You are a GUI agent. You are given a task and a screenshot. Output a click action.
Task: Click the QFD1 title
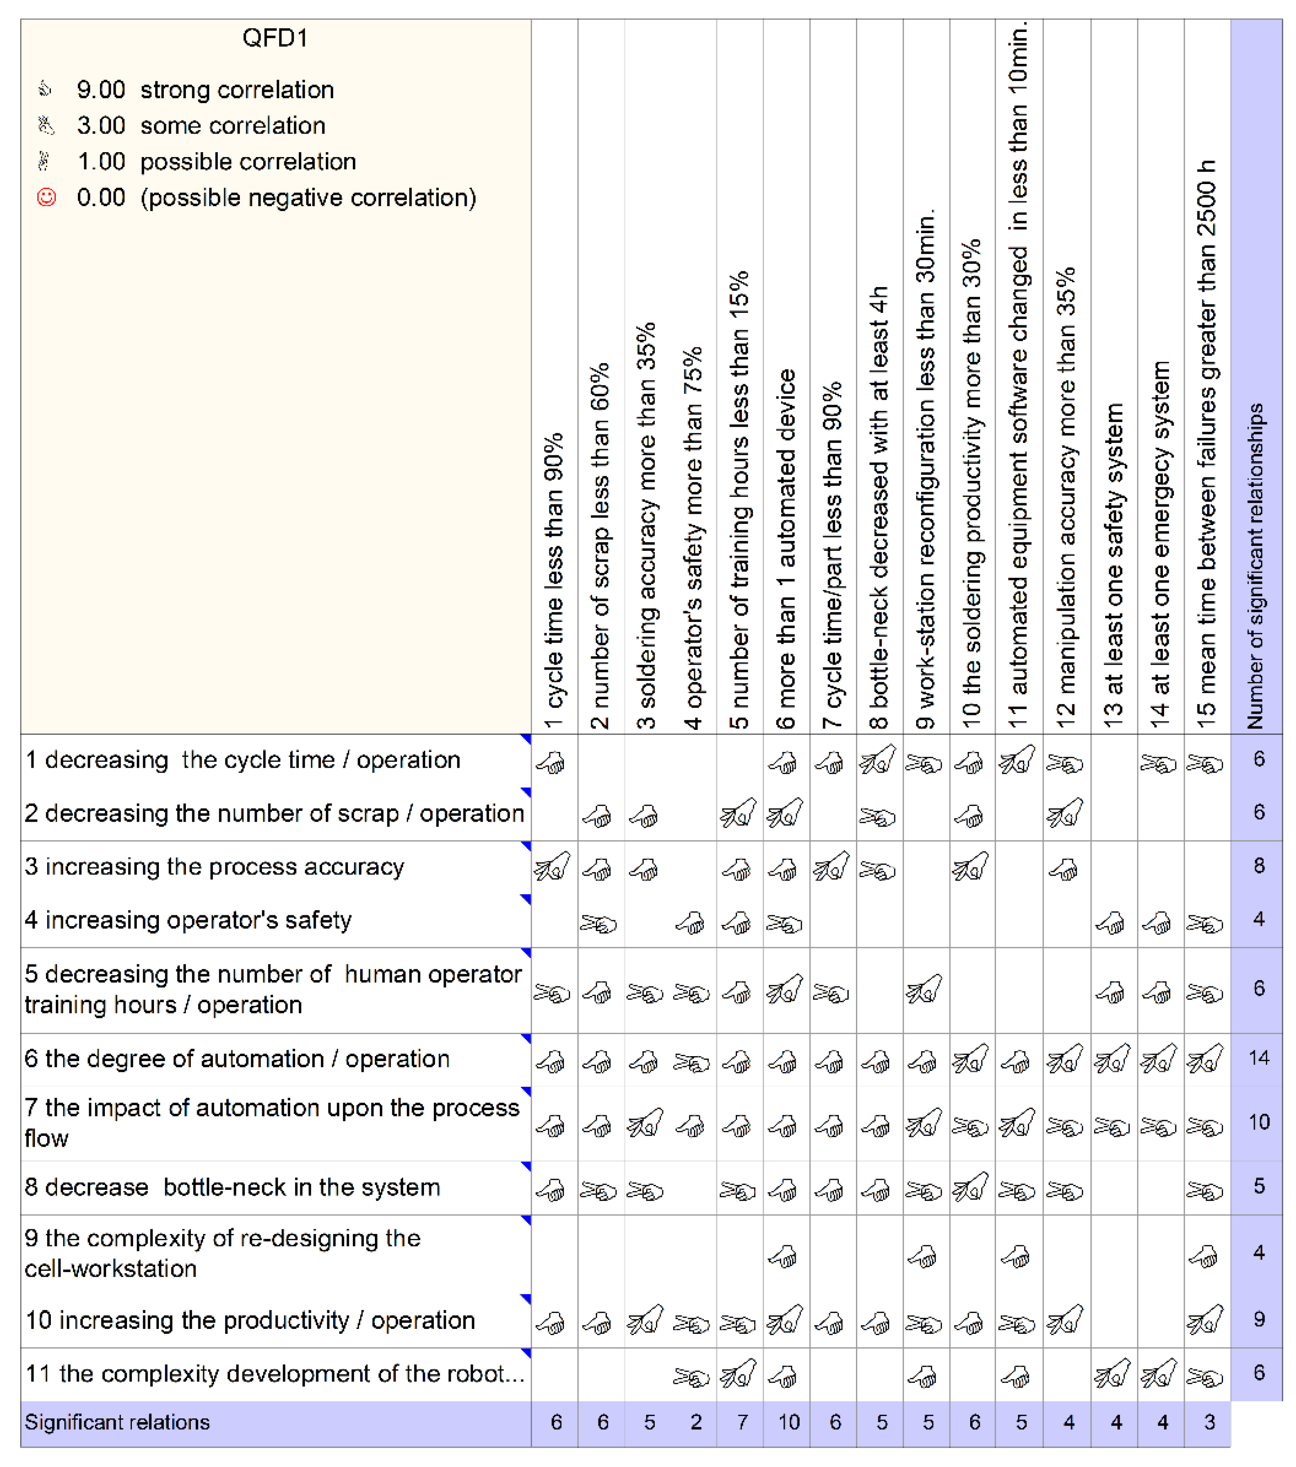pyautogui.click(x=275, y=37)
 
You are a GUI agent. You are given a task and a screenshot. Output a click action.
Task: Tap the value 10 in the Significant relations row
pyautogui.click(x=788, y=1422)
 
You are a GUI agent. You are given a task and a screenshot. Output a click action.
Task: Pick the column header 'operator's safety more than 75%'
pyautogui.click(x=693, y=538)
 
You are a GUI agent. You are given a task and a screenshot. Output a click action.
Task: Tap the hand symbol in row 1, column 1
pyautogui.click(x=551, y=762)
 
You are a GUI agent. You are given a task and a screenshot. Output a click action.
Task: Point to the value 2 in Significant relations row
pyautogui.click(x=695, y=1422)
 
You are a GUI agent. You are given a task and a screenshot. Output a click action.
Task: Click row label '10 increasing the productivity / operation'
pyautogui.click(x=250, y=1320)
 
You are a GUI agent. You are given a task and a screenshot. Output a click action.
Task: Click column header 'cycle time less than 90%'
pyautogui.click(x=554, y=581)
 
